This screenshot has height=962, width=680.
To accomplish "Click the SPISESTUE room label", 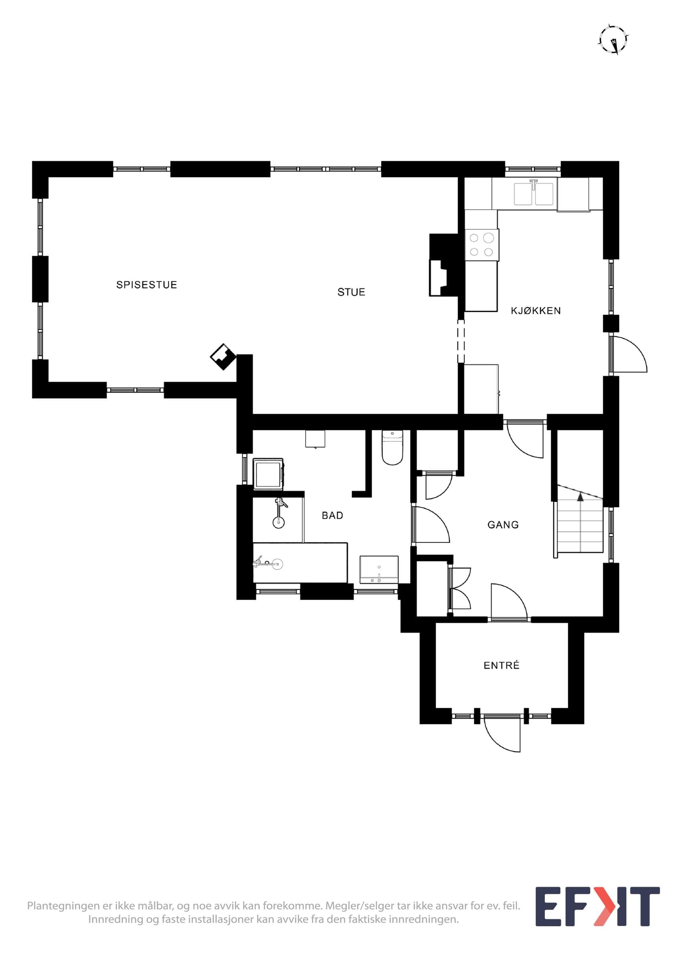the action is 147,285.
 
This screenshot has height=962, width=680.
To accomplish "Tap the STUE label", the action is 351,292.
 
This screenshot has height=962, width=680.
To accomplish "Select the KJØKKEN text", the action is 535,311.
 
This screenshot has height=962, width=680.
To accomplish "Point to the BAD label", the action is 332,515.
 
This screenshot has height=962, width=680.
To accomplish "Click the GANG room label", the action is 503,525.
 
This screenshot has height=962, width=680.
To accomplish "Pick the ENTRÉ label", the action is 502,665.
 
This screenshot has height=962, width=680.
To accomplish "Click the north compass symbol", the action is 614,40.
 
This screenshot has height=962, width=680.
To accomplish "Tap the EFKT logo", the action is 597,912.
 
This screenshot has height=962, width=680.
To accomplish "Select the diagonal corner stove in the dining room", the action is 223,357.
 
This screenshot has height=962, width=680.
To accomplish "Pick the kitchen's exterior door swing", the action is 628,354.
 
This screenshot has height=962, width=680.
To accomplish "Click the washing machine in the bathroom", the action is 269,474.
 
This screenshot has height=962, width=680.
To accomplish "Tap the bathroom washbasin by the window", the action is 379,570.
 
